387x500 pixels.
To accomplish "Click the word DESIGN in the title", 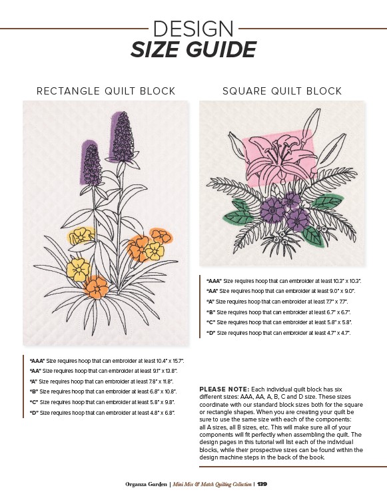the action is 193,29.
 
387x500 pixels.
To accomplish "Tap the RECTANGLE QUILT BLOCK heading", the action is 106,91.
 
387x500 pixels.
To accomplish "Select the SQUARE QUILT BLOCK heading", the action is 282,91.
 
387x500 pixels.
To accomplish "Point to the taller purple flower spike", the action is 123,137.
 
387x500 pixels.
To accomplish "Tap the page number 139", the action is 262,484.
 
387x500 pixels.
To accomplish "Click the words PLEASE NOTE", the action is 224,389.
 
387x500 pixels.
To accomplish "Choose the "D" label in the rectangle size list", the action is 34,413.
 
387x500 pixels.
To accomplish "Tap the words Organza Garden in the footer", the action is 146,484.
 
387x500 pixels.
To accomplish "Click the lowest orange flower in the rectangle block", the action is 96,288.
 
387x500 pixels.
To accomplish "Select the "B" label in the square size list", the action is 211,312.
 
